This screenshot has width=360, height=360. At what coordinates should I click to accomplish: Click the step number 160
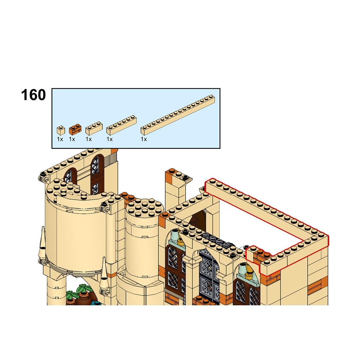33,95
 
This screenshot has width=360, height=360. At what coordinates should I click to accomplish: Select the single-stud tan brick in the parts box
61,130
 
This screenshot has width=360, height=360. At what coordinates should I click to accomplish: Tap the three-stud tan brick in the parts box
94,128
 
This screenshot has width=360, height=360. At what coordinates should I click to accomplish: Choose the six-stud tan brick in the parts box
121,125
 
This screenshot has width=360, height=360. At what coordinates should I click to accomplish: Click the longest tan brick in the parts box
178,115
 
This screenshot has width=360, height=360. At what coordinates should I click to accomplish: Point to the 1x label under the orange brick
72,139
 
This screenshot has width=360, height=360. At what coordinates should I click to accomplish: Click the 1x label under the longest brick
144,139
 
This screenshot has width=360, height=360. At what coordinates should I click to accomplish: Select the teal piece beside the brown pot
97,303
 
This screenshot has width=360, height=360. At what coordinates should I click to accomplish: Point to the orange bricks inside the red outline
262,253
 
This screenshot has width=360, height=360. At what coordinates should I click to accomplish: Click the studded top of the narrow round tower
145,208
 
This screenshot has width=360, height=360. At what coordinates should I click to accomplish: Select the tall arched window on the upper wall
97,174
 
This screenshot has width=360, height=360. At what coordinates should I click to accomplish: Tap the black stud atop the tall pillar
186,177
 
